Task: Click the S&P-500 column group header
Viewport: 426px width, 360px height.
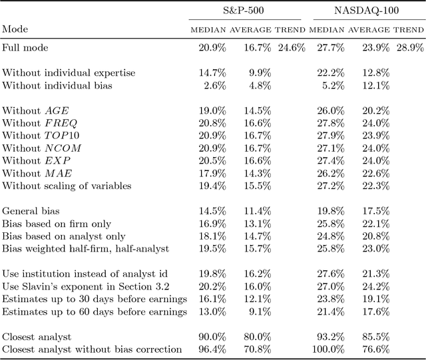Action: (247, 12)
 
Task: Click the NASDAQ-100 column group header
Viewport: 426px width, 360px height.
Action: (366, 12)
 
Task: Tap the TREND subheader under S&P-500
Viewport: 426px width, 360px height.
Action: (291, 30)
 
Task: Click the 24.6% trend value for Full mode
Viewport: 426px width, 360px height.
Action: (291, 48)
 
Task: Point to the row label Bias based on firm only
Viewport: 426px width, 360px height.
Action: (57, 224)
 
